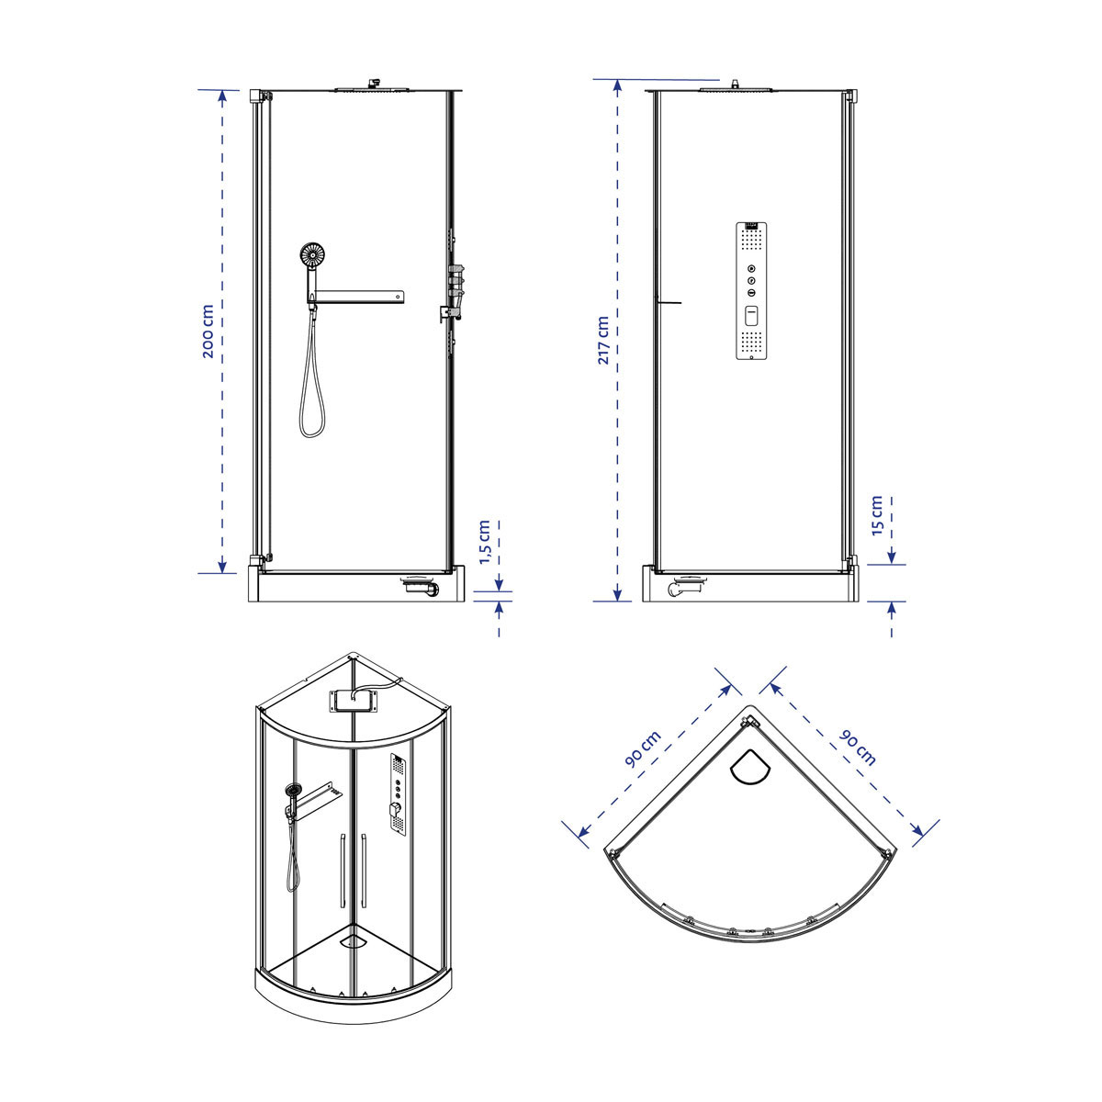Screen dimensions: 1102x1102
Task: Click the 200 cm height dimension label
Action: (208, 332)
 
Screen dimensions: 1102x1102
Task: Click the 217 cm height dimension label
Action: (602, 341)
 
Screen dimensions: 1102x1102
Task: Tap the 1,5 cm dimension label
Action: (484, 542)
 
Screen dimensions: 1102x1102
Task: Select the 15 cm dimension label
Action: (877, 515)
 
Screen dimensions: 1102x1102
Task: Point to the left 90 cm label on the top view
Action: (643, 749)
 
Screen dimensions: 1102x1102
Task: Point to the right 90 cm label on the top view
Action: (857, 748)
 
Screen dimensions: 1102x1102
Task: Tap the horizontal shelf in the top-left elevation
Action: (355, 297)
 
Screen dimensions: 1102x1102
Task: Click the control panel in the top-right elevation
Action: (751, 290)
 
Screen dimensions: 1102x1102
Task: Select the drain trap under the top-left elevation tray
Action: (422, 586)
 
